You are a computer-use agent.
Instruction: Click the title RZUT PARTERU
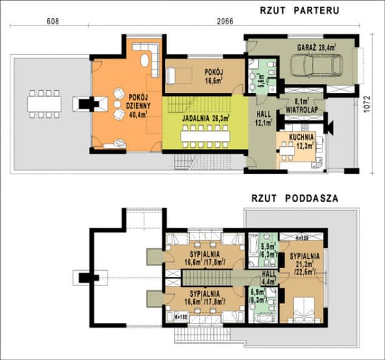pos(296,10)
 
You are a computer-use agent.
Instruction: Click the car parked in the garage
pos(315,63)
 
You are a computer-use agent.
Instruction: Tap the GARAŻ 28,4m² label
pos(317,46)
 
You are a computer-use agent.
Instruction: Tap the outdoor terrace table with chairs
pos(44,104)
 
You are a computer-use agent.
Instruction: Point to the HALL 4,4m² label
pos(268,277)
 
